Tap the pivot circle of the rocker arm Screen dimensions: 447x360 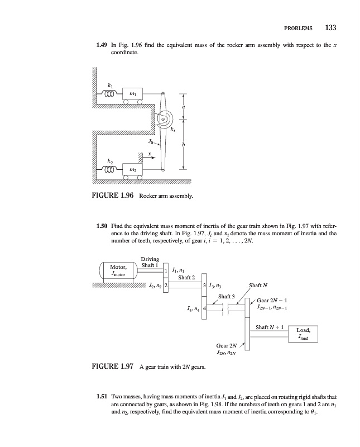163,119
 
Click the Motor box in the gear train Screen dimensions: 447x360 118,270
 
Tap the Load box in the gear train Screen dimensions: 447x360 307,334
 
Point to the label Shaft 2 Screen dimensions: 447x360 186,277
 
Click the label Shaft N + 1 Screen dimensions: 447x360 270,327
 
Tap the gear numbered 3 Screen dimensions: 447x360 206,286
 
